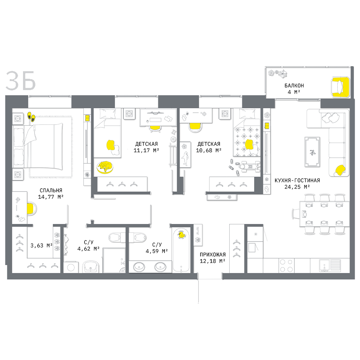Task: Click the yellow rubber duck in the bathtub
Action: pyautogui.click(x=181, y=235)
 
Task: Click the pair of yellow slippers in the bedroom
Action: pyautogui.click(x=31, y=116)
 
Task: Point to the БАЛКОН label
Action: pyautogui.click(x=294, y=86)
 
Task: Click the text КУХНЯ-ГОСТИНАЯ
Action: pyautogui.click(x=297, y=180)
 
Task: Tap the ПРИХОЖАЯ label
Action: pyautogui.click(x=213, y=255)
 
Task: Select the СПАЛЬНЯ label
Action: pyautogui.click(x=51, y=190)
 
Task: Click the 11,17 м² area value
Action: pyautogui.click(x=147, y=150)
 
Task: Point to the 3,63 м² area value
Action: pyautogui.click(x=41, y=246)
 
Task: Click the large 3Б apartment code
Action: pyautogui.click(x=21, y=81)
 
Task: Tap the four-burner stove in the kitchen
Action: pyautogui.click(x=286, y=265)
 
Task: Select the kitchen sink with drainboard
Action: pyautogui.click(x=330, y=265)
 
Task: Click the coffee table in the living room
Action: pyautogui.click(x=312, y=152)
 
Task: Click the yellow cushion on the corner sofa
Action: pyautogui.click(x=340, y=170)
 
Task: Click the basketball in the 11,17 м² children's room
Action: pyautogui.click(x=173, y=139)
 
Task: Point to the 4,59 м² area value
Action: pyautogui.click(x=157, y=251)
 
